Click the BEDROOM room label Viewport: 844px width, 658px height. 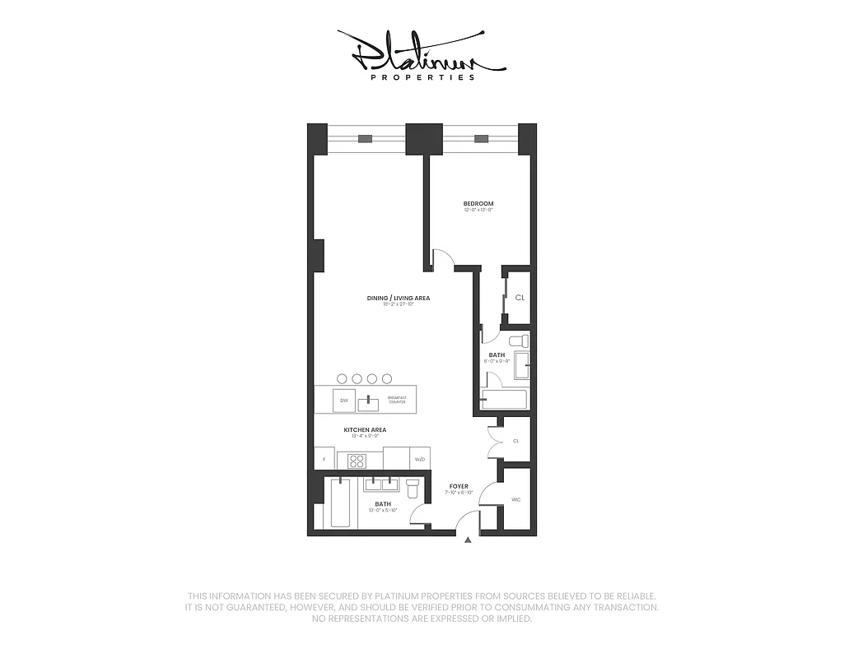tap(478, 203)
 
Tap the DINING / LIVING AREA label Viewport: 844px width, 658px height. tap(399, 298)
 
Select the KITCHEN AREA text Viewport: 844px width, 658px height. tap(365, 429)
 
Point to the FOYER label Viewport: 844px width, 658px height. tap(459, 486)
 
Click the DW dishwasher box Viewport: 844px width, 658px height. tap(344, 401)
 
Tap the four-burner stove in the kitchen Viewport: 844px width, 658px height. tap(357, 461)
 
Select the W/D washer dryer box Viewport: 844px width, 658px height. tap(419, 459)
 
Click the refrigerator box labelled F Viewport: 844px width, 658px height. tap(324, 459)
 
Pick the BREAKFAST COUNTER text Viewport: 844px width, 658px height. tap(398, 400)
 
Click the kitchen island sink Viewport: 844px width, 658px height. tap(368, 402)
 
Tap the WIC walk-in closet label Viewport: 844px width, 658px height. tap(516, 499)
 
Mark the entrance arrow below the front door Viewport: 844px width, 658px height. tap(468, 540)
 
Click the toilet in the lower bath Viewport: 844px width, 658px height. tap(413, 489)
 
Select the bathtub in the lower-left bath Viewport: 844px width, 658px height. tap(341, 503)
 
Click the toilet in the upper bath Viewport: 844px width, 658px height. tap(517, 341)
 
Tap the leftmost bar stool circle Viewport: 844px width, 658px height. tap(343, 378)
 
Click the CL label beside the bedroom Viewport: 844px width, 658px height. tap(519, 298)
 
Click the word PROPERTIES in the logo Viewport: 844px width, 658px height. tap(422, 77)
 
